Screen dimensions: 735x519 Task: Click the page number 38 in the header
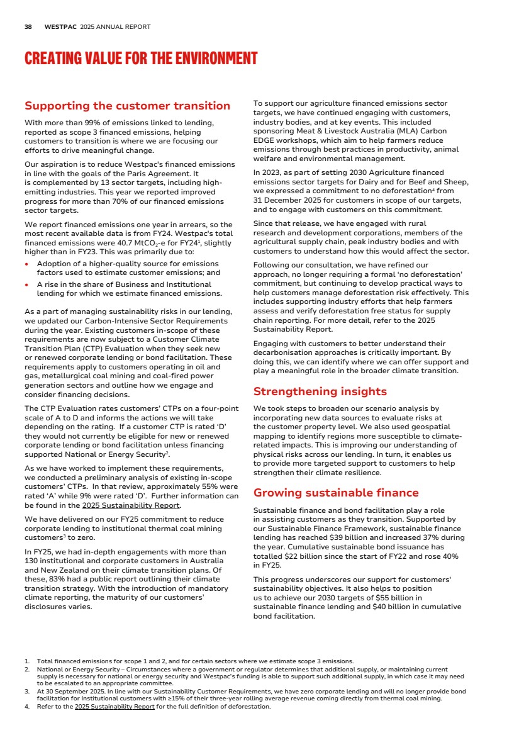coord(28,27)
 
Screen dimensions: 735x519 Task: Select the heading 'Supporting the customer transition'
coord(127,106)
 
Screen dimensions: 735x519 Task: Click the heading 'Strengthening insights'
coord(320,391)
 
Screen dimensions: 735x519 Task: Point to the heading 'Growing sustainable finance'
coord(335,493)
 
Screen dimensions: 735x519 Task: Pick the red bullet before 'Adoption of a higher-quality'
coord(28,264)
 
